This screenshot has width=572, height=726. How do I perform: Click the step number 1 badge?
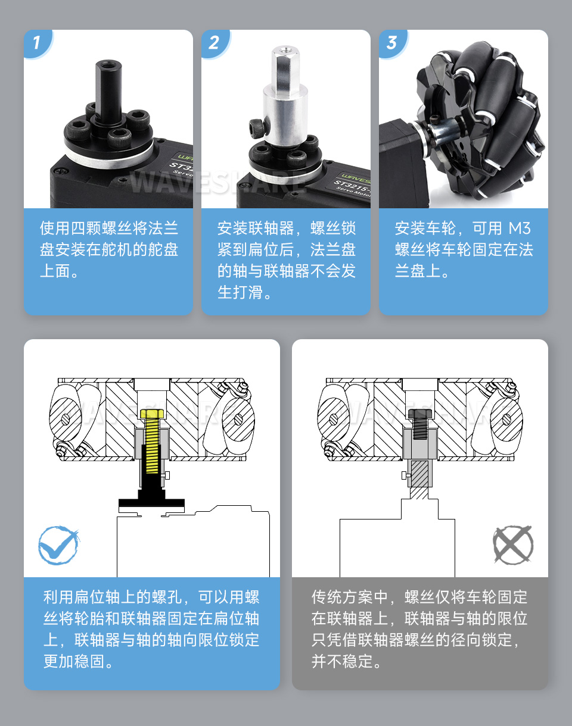(x=37, y=43)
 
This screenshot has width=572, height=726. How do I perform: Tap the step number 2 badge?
(x=214, y=43)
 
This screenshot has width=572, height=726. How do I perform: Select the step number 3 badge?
(x=392, y=43)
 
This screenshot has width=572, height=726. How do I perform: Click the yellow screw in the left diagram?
(x=152, y=443)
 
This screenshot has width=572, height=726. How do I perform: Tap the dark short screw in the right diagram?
(x=420, y=425)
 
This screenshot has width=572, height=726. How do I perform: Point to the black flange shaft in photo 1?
(x=107, y=83)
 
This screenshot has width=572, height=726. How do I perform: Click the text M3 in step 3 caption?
(x=519, y=229)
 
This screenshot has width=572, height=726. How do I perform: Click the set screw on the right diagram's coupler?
(x=405, y=475)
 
